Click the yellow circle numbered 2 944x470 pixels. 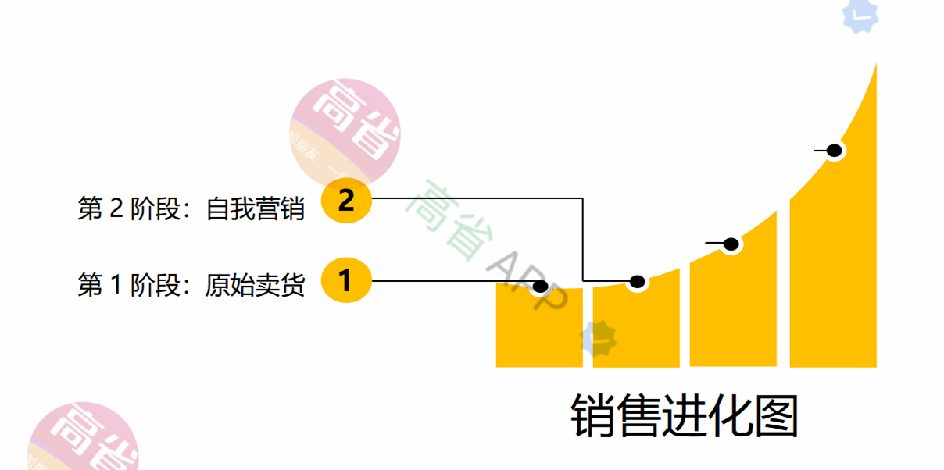[x=346, y=201]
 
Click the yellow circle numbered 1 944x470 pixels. [x=346, y=280]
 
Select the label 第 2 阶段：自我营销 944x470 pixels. [x=191, y=208]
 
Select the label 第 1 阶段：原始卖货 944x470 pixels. [x=191, y=285]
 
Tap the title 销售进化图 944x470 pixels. [x=685, y=416]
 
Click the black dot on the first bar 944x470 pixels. [x=539, y=286]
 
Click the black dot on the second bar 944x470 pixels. [x=637, y=282]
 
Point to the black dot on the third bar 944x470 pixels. [x=731, y=244]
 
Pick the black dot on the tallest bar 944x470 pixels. [x=834, y=151]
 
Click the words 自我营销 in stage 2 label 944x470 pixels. [x=255, y=208]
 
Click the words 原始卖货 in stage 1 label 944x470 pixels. [x=255, y=285]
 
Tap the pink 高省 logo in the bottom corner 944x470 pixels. [x=82, y=441]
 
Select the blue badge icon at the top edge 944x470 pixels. [x=860, y=16]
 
